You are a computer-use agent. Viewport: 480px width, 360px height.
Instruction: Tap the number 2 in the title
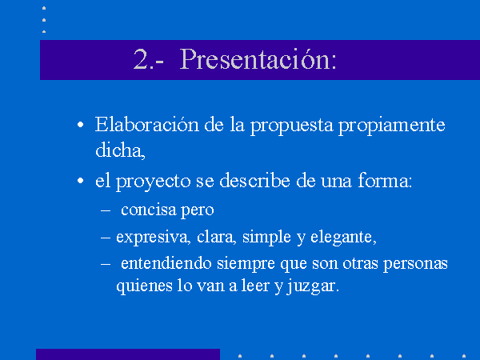point(141,59)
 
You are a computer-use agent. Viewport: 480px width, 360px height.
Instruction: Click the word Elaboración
point(146,125)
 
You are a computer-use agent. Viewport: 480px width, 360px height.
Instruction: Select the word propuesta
point(292,126)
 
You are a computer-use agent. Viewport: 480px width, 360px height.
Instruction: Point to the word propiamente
point(392,126)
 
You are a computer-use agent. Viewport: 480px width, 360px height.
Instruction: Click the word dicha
point(118,150)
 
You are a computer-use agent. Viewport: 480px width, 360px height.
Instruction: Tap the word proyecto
point(154,182)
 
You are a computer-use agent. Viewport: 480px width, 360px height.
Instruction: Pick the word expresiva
point(151,238)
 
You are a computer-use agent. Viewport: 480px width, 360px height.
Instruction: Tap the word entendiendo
point(166,263)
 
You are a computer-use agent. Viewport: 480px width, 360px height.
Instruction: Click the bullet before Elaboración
point(81,125)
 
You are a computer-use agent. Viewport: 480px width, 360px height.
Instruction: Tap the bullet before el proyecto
point(81,181)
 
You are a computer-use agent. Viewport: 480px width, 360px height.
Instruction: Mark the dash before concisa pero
point(106,210)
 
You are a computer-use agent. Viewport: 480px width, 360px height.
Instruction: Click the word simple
point(266,238)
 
